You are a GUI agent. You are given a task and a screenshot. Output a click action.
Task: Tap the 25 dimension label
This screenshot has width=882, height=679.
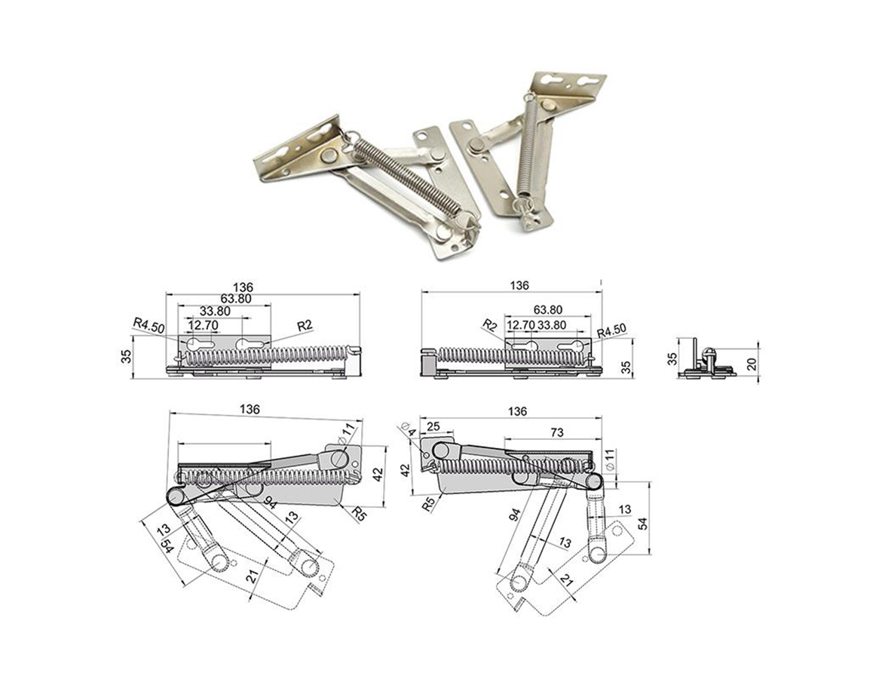pyautogui.click(x=434, y=428)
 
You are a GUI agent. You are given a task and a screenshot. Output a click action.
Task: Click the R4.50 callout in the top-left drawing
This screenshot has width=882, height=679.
pyautogui.click(x=149, y=326)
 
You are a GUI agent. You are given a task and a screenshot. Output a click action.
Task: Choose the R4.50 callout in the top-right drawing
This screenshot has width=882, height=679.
pyautogui.click(x=611, y=331)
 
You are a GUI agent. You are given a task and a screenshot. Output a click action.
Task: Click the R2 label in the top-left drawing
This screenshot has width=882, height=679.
pyautogui.click(x=305, y=325)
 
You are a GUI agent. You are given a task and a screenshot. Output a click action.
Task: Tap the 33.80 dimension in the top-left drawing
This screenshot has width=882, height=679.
pyautogui.click(x=215, y=311)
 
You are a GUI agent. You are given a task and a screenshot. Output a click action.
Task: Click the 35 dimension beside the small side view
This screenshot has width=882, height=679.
pyautogui.click(x=674, y=358)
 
